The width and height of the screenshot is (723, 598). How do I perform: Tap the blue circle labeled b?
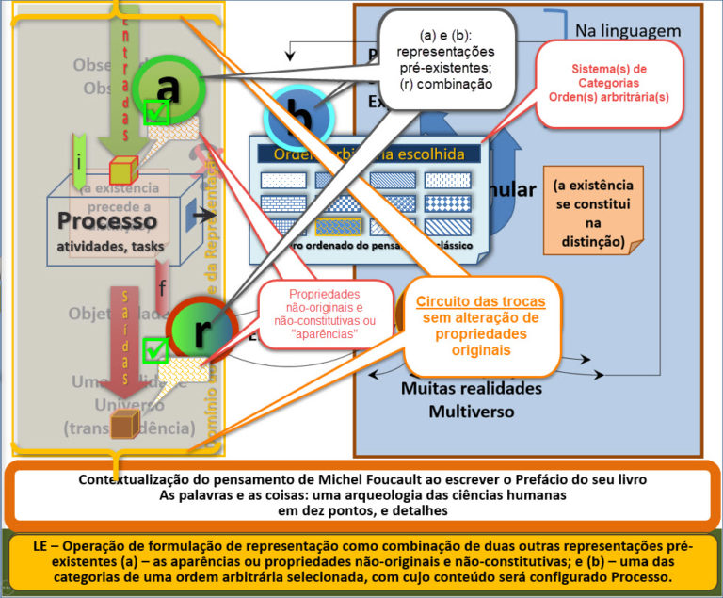299,119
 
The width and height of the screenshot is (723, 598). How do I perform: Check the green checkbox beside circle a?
156,113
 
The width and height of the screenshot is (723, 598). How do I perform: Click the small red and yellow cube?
123,171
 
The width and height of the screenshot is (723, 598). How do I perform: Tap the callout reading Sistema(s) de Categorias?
608,83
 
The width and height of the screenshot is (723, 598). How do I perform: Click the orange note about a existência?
593,214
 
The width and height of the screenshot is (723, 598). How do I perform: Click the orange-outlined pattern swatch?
339,226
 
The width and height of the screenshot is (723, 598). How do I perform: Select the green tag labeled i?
80,161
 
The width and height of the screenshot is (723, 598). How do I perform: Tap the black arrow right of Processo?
201,216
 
